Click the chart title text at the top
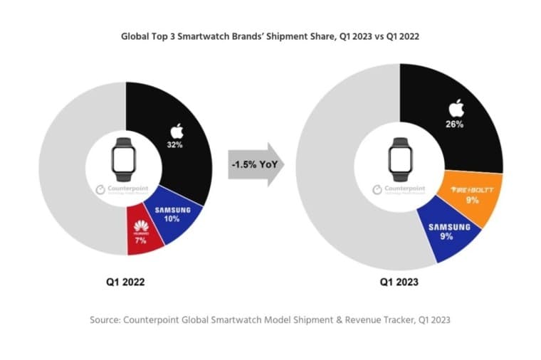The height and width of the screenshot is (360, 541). click(x=270, y=35)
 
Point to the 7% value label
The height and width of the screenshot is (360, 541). click(x=141, y=240)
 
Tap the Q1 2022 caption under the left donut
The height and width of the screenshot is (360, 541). click(x=120, y=282)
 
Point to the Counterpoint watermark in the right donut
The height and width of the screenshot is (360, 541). click(x=399, y=191)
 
